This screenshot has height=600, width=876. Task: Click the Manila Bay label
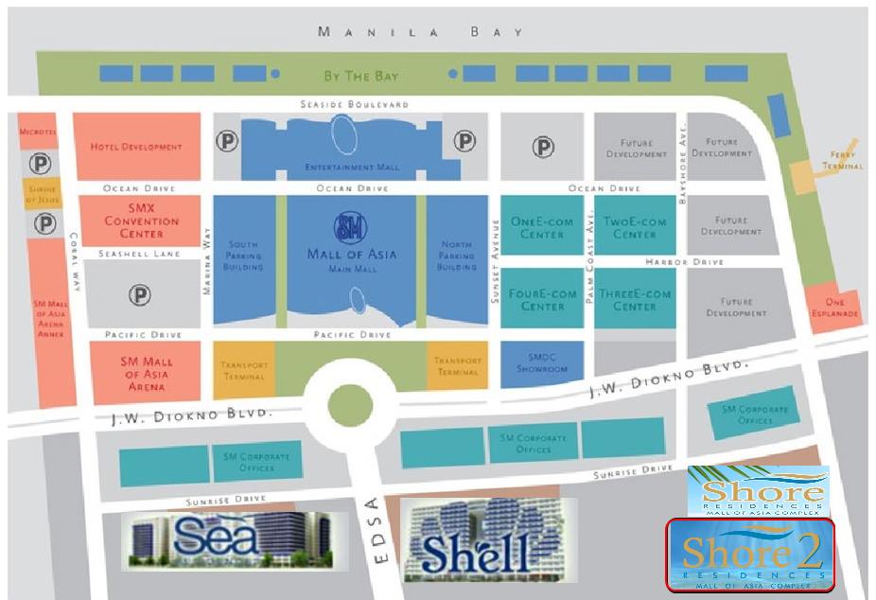420,32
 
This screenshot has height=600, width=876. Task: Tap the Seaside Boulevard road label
354,104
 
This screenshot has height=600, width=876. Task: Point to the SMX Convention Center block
141,221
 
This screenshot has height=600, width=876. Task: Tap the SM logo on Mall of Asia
352,228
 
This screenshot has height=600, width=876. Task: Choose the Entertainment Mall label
352,167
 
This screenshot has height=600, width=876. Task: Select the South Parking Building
243,256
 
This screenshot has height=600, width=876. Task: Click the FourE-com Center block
541,299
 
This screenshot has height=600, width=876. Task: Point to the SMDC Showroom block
541,363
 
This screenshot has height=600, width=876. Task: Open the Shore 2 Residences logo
749,555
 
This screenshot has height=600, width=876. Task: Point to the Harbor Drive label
685,261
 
